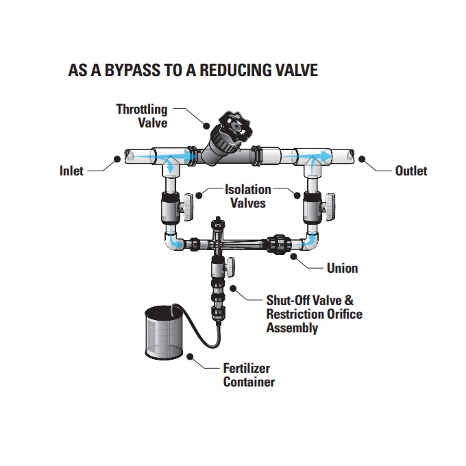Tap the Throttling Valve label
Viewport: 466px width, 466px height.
(142, 116)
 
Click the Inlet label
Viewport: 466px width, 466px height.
(71, 171)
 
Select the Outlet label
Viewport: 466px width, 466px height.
(411, 171)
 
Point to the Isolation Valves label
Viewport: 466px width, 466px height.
(248, 195)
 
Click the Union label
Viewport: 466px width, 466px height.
(341, 268)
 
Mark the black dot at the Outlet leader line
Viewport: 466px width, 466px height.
(363, 159)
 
